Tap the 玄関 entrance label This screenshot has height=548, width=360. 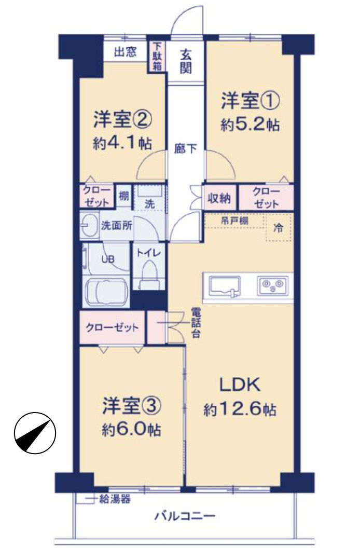point(187,61)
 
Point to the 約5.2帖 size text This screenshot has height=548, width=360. point(250,125)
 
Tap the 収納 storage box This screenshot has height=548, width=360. point(220,197)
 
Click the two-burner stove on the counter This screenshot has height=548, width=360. point(273,284)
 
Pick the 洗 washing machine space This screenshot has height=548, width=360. point(149,198)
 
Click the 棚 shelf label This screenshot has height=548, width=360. point(123,196)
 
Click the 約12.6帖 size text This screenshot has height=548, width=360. point(239,410)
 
